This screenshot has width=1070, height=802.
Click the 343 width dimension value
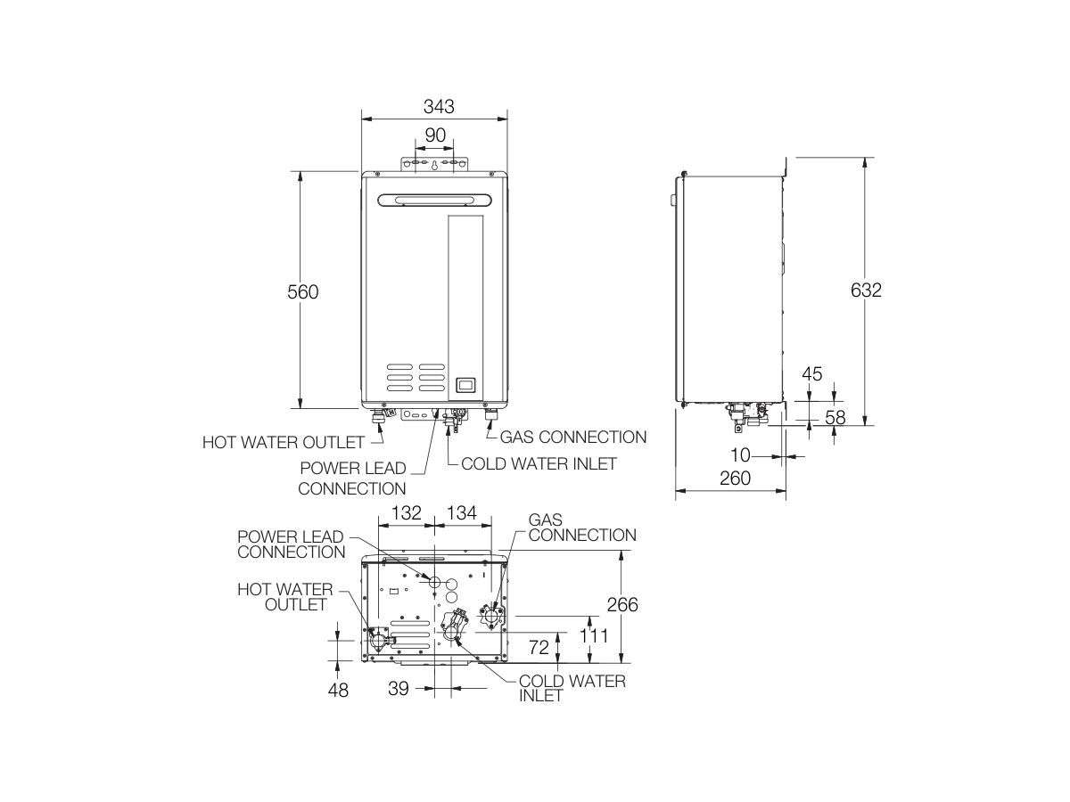pos(439,107)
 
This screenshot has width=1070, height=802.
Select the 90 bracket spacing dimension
pos(434,135)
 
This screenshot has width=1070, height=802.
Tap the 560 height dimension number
pos(302,291)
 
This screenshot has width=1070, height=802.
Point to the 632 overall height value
pos(866,291)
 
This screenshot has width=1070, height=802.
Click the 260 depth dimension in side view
pos(734,478)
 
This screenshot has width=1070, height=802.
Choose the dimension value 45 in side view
pos(811,374)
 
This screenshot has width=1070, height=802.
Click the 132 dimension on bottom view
pos(406,513)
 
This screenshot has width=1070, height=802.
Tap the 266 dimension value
pos(621,605)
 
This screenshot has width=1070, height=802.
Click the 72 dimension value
pos(539,648)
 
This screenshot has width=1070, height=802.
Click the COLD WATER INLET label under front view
pos(539,463)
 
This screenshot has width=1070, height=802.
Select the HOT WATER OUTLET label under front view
pos(283,442)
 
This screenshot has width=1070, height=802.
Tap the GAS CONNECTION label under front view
pos(572,437)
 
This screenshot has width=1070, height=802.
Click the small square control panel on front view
pos(464,386)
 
